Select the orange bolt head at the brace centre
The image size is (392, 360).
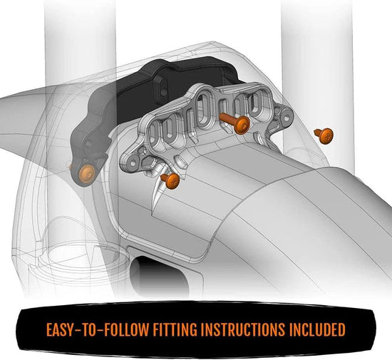243,125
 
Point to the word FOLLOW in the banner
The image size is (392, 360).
134,330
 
